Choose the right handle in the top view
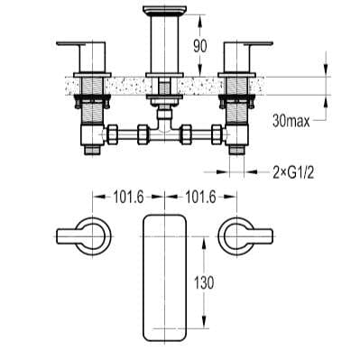point(241,237)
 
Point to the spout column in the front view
point(163,50)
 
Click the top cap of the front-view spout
point(163,12)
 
